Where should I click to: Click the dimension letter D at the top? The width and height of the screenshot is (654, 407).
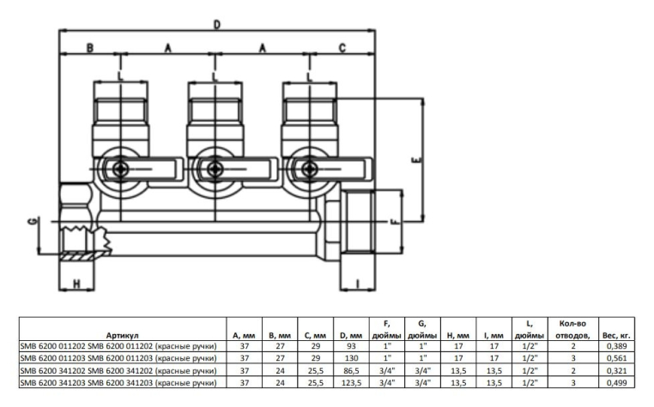[x=217, y=25]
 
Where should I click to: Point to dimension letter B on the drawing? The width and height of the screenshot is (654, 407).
[x=88, y=48]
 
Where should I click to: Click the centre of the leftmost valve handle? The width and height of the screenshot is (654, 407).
[x=121, y=169]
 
